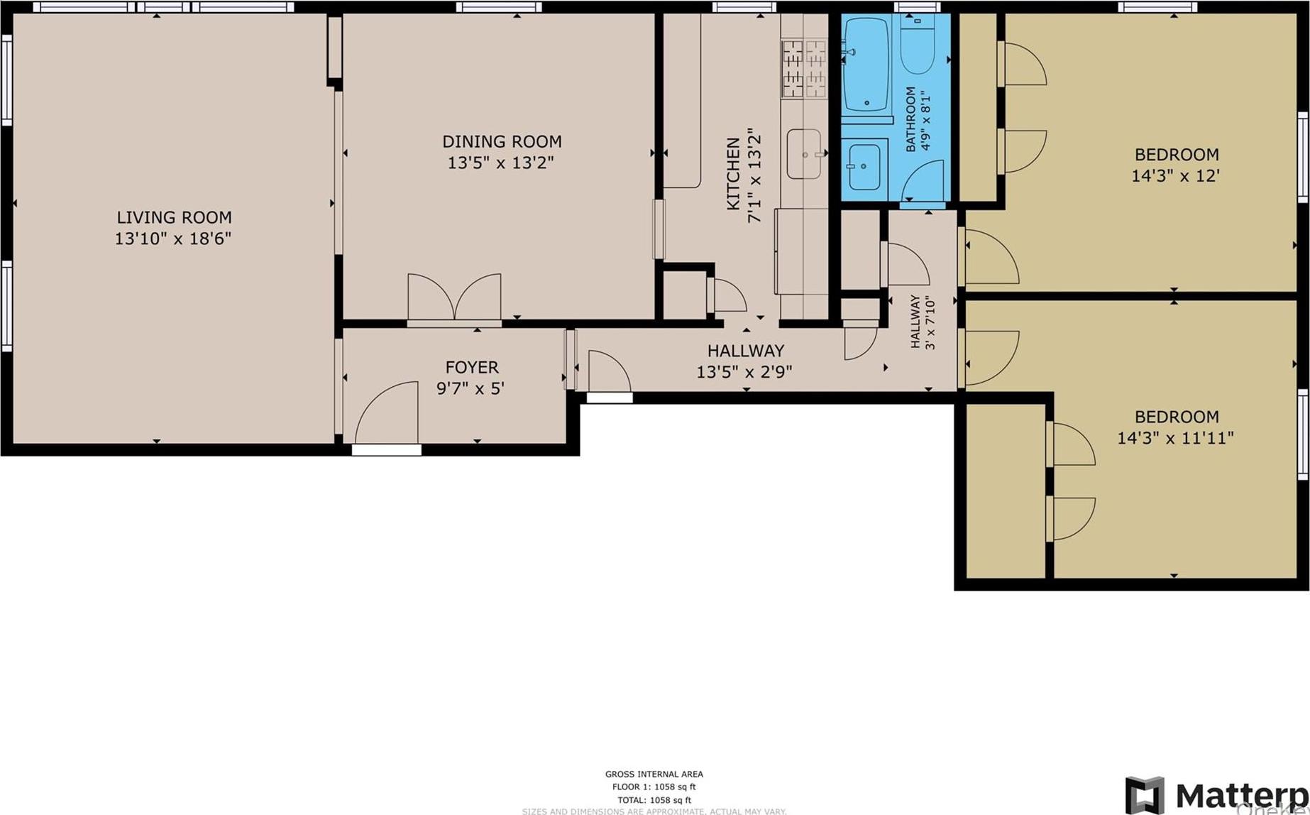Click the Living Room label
click(174, 217)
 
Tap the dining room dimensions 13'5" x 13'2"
click(500, 163)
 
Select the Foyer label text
click(472, 367)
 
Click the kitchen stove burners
click(804, 68)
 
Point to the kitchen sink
click(804, 153)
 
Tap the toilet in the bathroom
click(918, 45)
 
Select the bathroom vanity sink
click(864, 166)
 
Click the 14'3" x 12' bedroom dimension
click(1175, 175)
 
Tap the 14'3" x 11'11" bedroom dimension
click(1175, 438)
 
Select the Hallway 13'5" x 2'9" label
click(745, 361)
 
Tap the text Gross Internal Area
click(654, 774)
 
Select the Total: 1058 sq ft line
click(654, 799)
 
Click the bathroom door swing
click(925, 183)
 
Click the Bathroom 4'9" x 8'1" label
click(918, 119)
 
